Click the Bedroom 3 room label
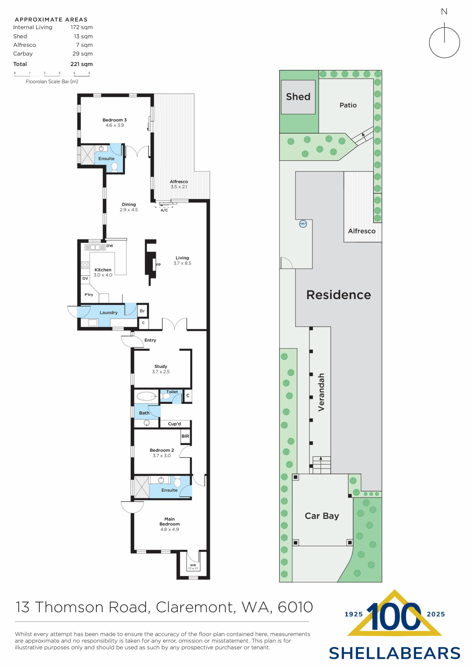(114, 120)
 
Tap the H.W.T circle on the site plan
(303, 224)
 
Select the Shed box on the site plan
(298, 97)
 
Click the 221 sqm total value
(81, 64)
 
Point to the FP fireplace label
(159, 265)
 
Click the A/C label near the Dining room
(164, 210)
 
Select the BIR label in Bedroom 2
(185, 436)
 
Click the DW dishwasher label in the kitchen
(110, 246)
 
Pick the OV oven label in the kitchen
(85, 278)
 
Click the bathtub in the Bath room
(146, 396)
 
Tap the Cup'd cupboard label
(174, 424)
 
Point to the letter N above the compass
(444, 12)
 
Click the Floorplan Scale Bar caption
(52, 82)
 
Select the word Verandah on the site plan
(321, 392)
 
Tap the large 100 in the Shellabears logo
(394, 617)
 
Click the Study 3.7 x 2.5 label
(161, 369)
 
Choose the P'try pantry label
(89, 295)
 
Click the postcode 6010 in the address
(295, 607)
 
